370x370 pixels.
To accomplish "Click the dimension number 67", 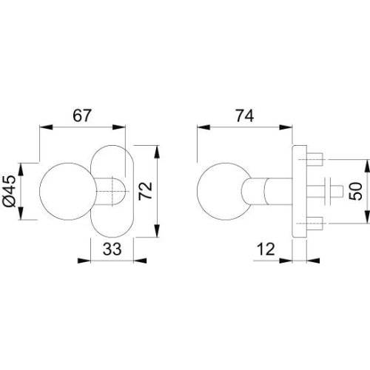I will point(81,115).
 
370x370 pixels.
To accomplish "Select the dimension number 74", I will point(245,115).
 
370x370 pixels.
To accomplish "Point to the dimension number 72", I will point(146,192).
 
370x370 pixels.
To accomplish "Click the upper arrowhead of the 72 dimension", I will point(158,149).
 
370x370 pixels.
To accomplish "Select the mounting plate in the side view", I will point(300,192).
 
